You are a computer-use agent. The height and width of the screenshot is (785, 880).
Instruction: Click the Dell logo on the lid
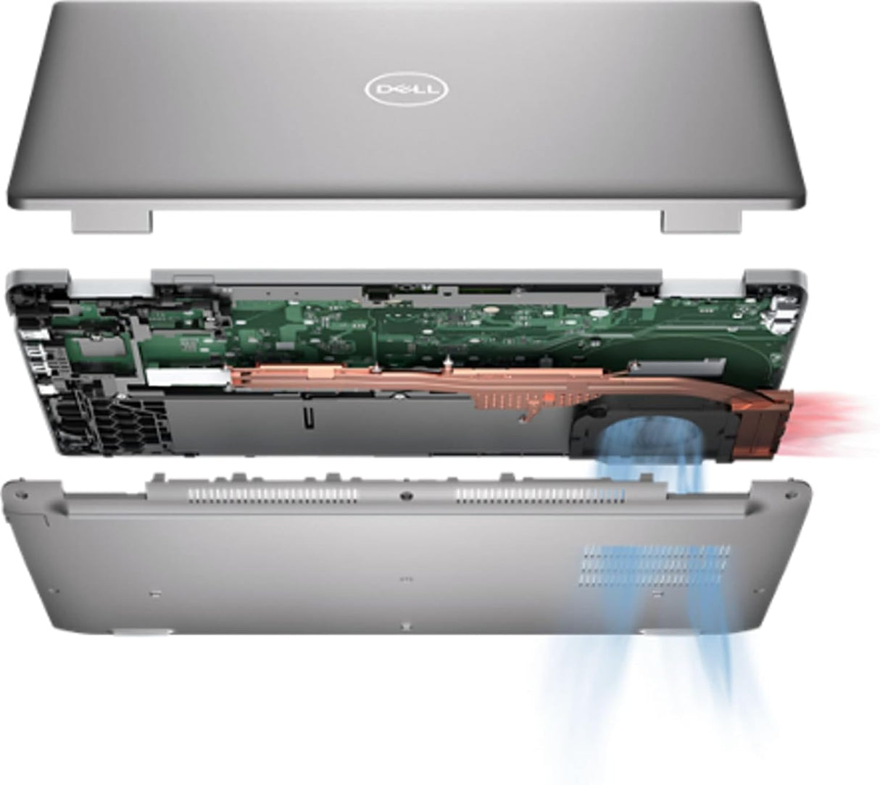405,90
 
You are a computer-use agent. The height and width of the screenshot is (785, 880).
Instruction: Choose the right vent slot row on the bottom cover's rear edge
540,495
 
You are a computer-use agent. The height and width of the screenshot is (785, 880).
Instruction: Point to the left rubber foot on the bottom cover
138,632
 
